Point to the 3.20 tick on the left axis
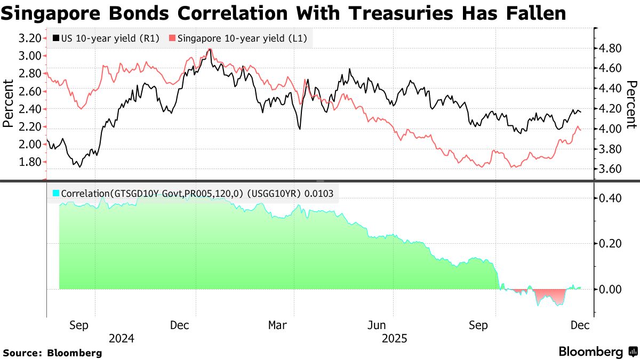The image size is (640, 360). tap(30, 38)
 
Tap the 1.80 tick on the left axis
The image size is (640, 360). tap(30, 162)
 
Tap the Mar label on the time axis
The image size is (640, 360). tap(277, 325)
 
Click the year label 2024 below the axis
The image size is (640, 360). tap(122, 338)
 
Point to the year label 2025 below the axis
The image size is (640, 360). tap(395, 338)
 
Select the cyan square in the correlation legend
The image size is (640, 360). tap(56, 194)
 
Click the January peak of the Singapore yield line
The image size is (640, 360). tap(210, 49)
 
